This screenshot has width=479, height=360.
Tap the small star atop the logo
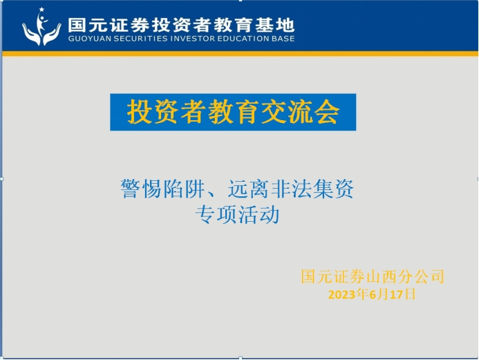point(41,10)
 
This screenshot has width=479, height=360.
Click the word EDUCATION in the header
point(242,39)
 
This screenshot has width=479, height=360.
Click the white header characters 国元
point(88,26)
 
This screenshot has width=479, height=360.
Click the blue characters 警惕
point(141,189)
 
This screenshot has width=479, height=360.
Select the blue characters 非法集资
point(312,189)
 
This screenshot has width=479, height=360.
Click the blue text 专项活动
point(237,215)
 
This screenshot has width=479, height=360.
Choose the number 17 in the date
point(397,295)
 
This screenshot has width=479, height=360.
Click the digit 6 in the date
point(373,295)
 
